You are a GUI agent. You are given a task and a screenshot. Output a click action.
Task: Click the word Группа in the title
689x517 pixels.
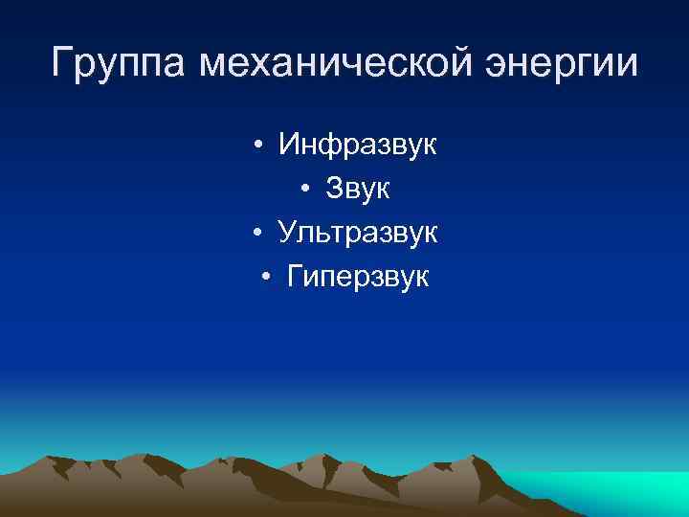119,65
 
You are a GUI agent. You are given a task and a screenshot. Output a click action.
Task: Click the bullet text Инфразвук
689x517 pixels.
357,146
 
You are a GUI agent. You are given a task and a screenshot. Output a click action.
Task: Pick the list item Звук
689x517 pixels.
357,190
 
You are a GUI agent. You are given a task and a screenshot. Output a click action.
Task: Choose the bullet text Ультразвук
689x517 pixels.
357,233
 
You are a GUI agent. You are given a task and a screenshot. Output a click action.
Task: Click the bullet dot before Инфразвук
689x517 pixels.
259,147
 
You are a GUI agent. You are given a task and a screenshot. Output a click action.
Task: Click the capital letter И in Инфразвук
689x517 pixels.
289,146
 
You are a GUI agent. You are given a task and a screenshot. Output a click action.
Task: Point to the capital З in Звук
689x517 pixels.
335,190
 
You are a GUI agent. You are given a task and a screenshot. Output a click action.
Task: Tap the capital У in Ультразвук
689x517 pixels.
288,233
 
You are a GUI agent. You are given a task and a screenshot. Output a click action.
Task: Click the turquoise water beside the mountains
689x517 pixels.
612,488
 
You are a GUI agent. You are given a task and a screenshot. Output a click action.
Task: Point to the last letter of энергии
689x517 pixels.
626,65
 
